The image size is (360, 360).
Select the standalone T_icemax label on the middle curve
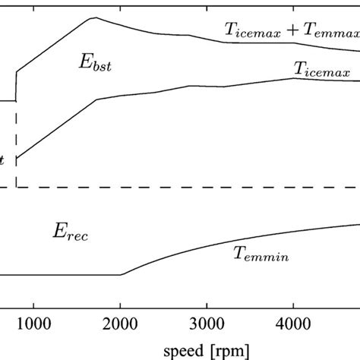[x=322, y=70]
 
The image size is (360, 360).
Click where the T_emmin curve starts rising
[x=122, y=275]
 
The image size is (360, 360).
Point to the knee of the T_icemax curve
[x=96, y=99]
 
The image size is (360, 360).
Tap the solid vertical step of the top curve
[x=16, y=85]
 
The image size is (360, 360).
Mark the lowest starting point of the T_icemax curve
[x=17, y=158]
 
